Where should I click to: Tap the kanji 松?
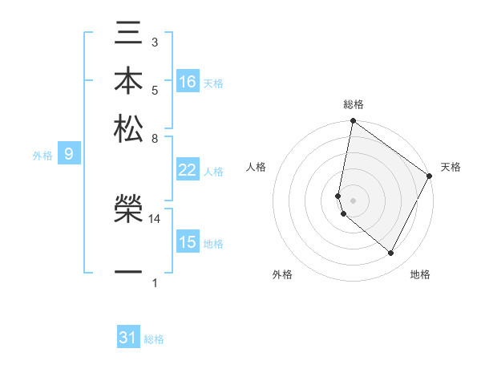click(129, 128)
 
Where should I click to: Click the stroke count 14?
click(155, 218)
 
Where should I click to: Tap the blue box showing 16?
click(188, 82)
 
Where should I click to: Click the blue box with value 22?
click(188, 170)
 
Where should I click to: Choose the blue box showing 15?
click(188, 242)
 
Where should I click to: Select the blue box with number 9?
click(69, 155)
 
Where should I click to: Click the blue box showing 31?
click(128, 338)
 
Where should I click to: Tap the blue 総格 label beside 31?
click(154, 339)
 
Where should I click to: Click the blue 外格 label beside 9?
click(42, 156)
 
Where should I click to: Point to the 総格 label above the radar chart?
click(353, 104)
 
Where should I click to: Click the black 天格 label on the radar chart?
click(451, 167)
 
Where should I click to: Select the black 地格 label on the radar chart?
click(420, 274)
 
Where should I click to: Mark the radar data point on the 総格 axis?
click(353, 122)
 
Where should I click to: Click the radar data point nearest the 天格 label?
click(430, 176)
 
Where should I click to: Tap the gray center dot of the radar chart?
click(353, 200)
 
